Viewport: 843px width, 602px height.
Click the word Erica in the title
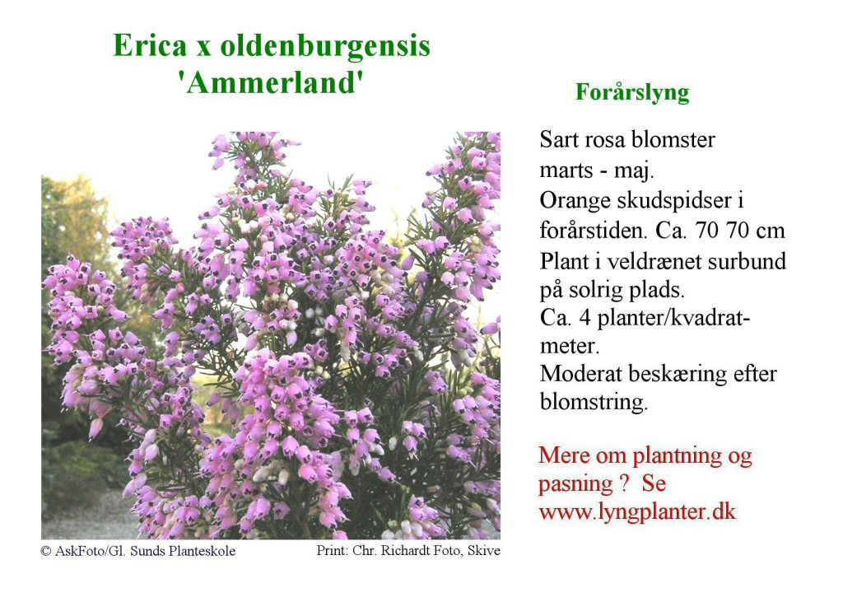click(x=150, y=45)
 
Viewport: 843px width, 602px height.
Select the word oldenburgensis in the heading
click(x=325, y=47)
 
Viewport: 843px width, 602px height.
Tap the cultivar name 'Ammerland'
click(x=272, y=83)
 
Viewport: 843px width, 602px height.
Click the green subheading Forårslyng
click(x=632, y=92)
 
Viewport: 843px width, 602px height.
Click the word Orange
click(x=574, y=201)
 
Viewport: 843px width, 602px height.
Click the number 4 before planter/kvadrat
click(x=585, y=319)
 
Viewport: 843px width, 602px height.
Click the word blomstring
click(x=594, y=403)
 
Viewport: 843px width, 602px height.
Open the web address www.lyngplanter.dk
click(x=637, y=511)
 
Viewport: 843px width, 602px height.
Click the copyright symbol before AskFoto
click(x=46, y=552)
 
